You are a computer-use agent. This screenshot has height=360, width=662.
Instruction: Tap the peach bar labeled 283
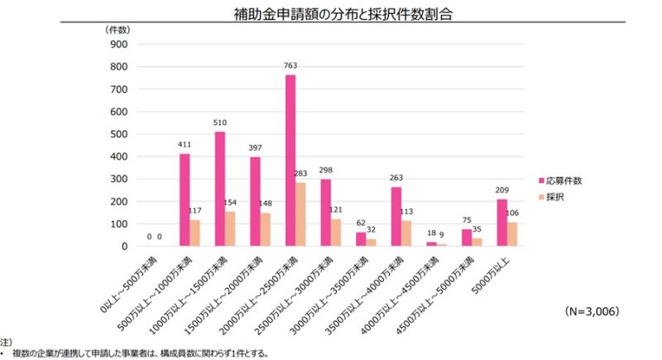300,214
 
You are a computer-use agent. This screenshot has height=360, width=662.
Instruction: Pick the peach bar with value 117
194,233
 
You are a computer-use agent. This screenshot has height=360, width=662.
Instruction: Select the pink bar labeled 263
396,216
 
